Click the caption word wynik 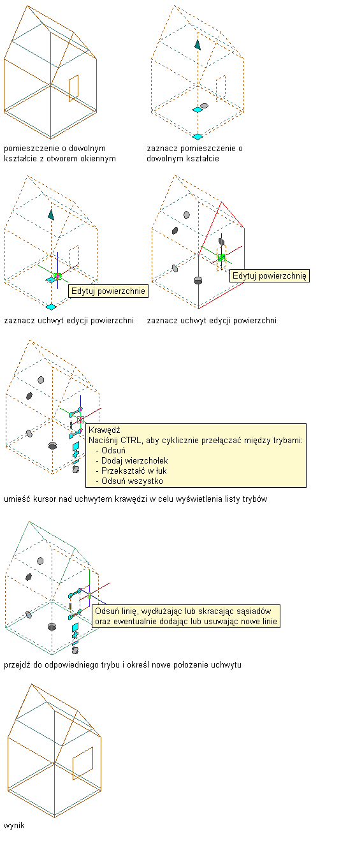[x=14, y=825]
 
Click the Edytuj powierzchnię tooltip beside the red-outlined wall [x=270, y=275]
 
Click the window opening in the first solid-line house [x=73, y=89]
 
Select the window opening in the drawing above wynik [x=83, y=763]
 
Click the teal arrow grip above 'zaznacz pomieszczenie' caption [x=198, y=45]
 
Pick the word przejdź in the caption [x=17, y=665]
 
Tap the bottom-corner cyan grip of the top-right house [x=198, y=136]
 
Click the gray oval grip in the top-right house [x=205, y=106]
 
